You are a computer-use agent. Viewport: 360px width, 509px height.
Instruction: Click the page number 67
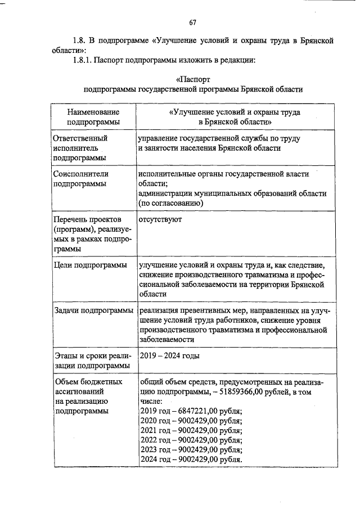point(192,22)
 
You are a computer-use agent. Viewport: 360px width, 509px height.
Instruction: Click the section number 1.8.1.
point(83,60)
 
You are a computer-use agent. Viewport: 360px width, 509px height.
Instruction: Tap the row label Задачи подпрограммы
point(92,310)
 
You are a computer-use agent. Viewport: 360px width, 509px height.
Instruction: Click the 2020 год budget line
point(190,421)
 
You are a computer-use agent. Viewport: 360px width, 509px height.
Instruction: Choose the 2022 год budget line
point(190,440)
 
